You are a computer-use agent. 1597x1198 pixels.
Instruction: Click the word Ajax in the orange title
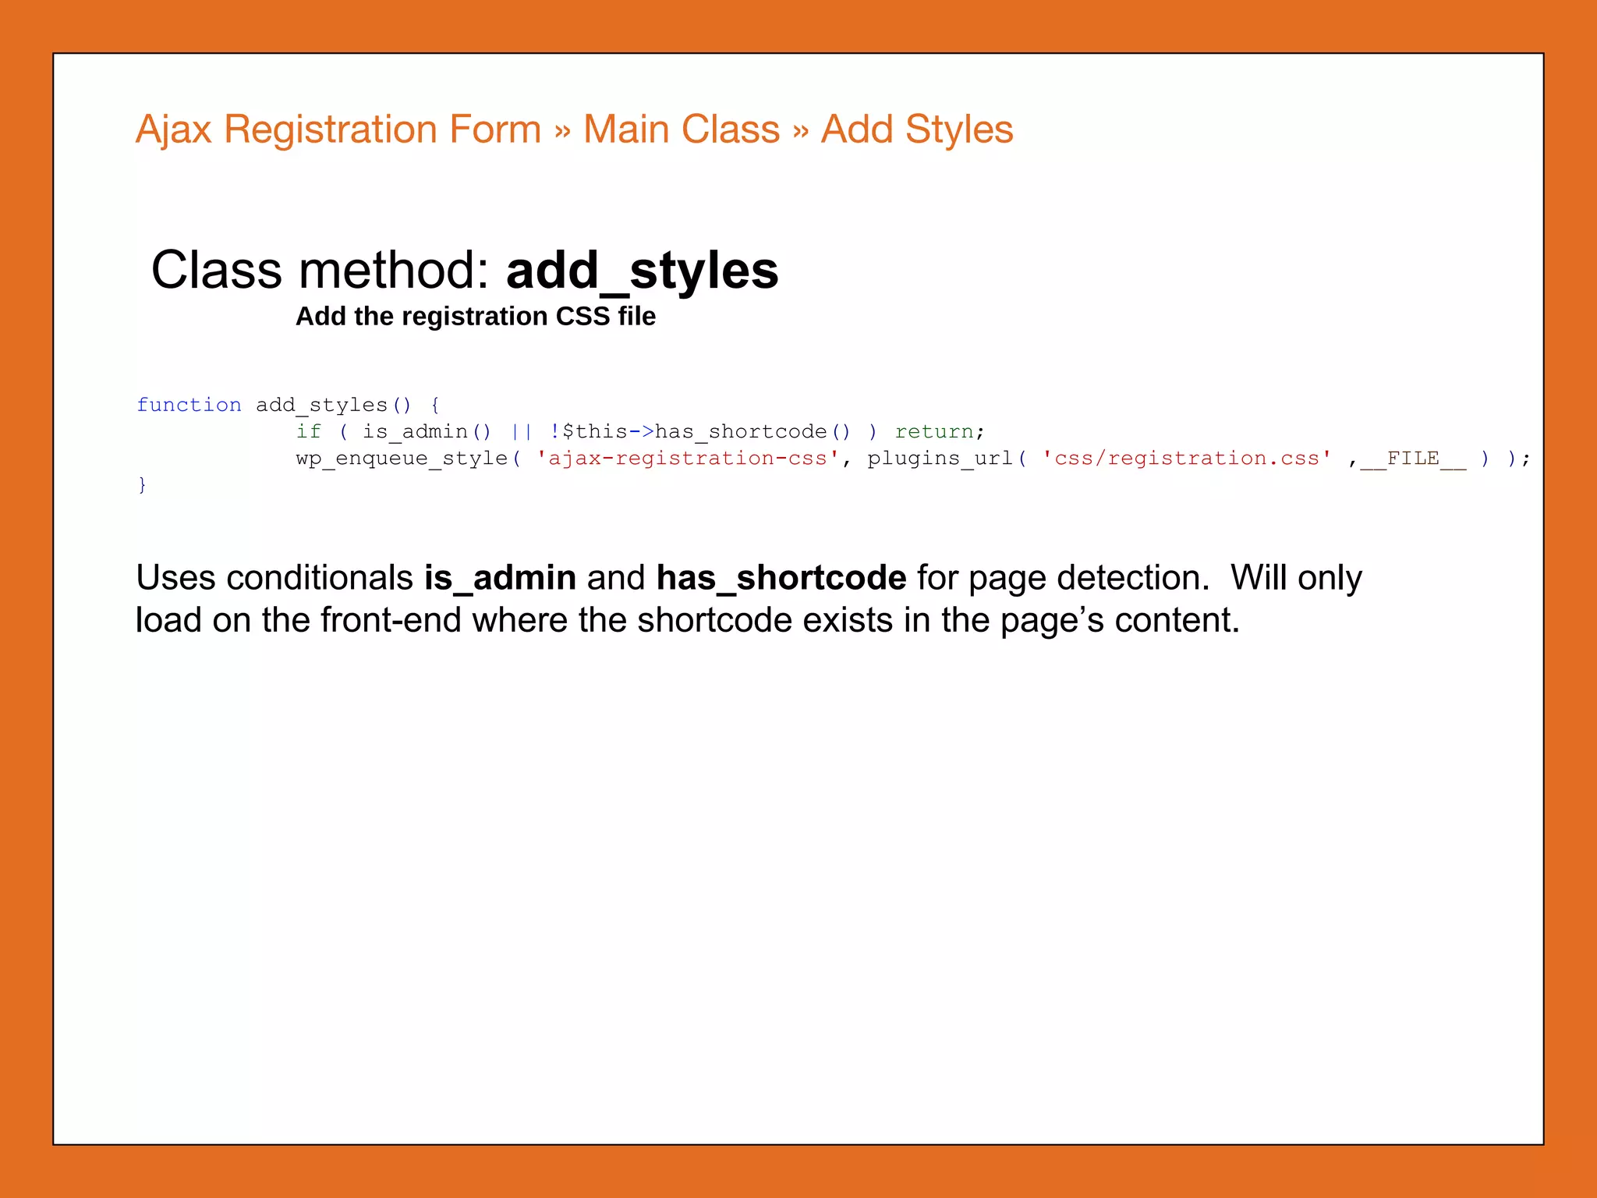point(173,129)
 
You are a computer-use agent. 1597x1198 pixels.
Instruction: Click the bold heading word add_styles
point(642,271)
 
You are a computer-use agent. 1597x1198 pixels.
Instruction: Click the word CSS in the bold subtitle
point(582,317)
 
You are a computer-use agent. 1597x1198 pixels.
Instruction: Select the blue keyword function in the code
point(189,405)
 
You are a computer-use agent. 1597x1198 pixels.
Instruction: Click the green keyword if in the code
point(308,431)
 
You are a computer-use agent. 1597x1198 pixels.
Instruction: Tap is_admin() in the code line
point(427,431)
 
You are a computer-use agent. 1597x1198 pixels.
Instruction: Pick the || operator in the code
point(521,431)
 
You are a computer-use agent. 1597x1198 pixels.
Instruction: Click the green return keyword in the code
point(934,431)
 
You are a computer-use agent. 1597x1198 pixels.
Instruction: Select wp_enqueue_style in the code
point(402,458)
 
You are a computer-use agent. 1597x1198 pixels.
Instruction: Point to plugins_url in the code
point(940,458)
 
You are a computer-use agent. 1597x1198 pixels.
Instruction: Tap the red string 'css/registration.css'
point(1186,458)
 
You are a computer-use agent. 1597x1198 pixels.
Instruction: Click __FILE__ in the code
point(1413,458)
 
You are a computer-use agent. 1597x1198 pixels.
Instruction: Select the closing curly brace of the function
point(142,485)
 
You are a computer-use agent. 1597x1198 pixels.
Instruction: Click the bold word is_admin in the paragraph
point(500,578)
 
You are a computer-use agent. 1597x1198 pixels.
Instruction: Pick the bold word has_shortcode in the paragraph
point(781,578)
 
